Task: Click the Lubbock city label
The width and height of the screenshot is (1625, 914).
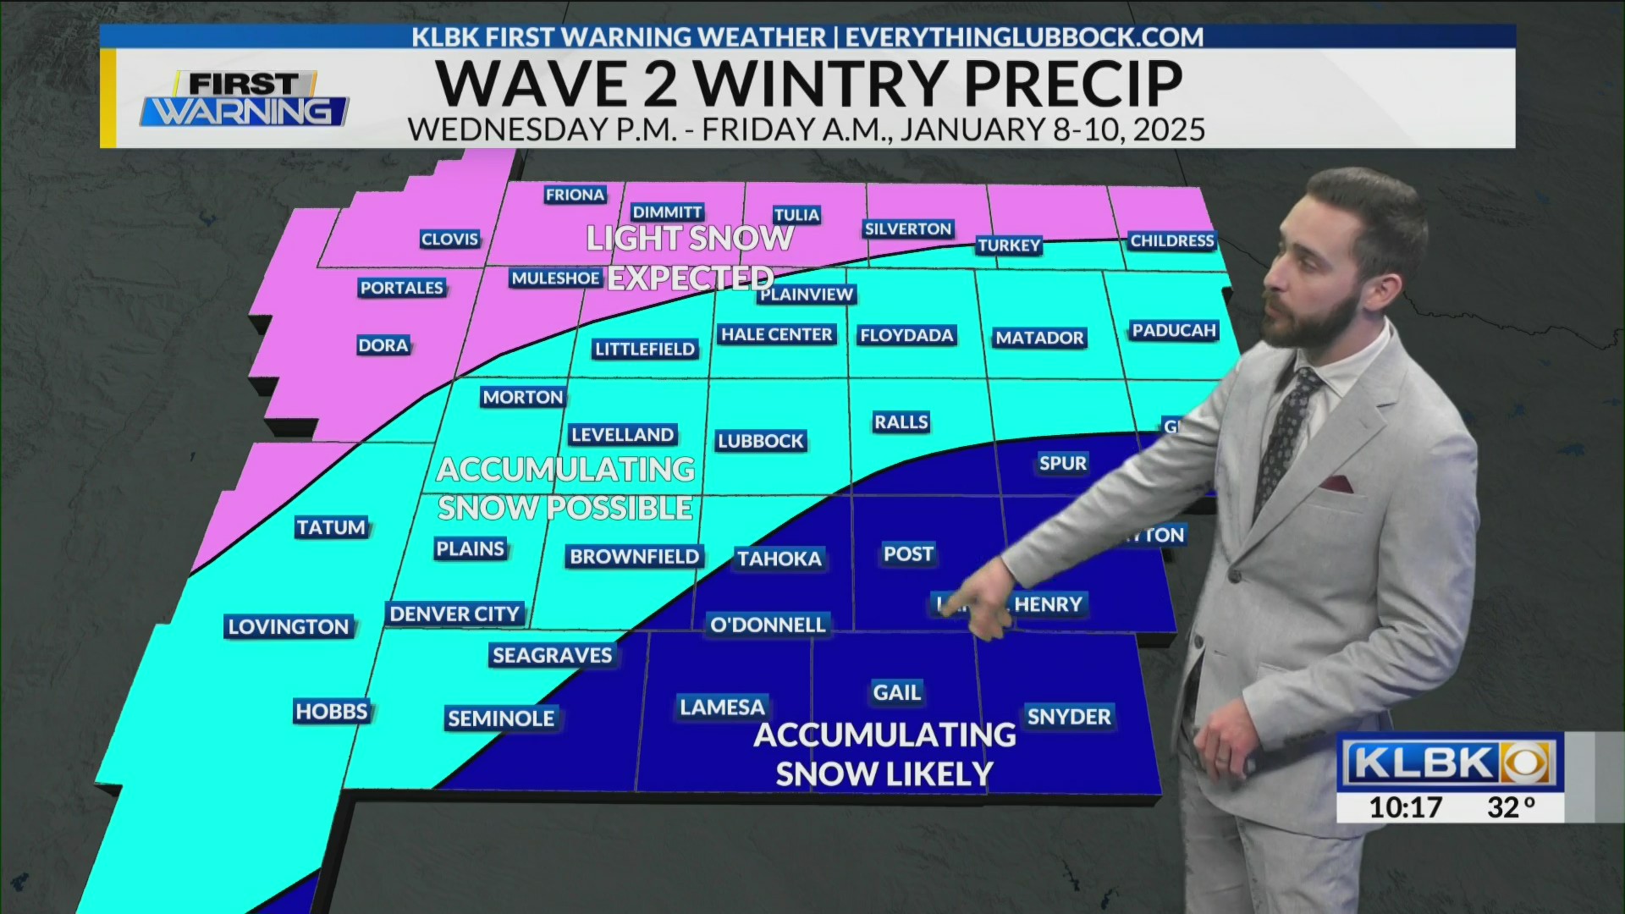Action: pos(760,441)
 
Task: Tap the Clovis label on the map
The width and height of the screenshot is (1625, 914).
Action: pos(449,240)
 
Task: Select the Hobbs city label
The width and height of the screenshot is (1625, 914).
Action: pos(332,712)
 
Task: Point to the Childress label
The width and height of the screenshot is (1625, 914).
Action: pos(1172,241)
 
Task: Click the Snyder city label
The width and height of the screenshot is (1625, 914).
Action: pos(1068,717)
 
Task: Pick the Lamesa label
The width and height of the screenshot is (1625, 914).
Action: pos(722,708)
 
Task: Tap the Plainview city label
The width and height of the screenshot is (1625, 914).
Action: pos(807,295)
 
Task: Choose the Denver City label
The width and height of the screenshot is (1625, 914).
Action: pos(454,614)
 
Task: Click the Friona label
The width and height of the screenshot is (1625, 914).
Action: pos(575,195)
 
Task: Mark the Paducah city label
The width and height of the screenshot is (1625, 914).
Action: pos(1174,331)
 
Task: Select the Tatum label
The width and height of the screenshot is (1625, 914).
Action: pos(331,528)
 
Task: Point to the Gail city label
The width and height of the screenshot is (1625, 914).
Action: pos(896,693)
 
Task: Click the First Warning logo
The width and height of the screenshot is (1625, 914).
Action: pos(244,100)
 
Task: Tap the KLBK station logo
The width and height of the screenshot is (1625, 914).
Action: pos(1450,763)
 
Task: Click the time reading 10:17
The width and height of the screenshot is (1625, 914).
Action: pos(1405,807)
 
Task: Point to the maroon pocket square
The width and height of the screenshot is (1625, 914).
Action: pos(1337,484)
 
